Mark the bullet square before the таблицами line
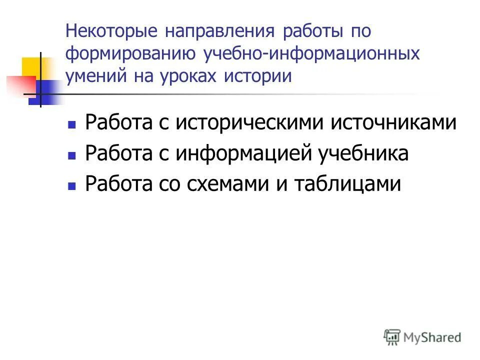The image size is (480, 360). [71, 186]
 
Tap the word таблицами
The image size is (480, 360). [347, 183]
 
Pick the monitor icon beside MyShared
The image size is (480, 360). [392, 336]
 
